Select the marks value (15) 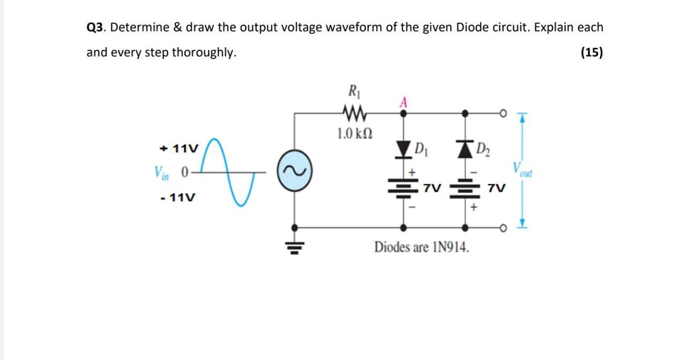tap(591, 52)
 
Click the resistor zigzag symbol tap(353, 113)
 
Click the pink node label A tap(404, 102)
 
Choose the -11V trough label tap(178, 198)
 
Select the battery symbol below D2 tap(465, 189)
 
